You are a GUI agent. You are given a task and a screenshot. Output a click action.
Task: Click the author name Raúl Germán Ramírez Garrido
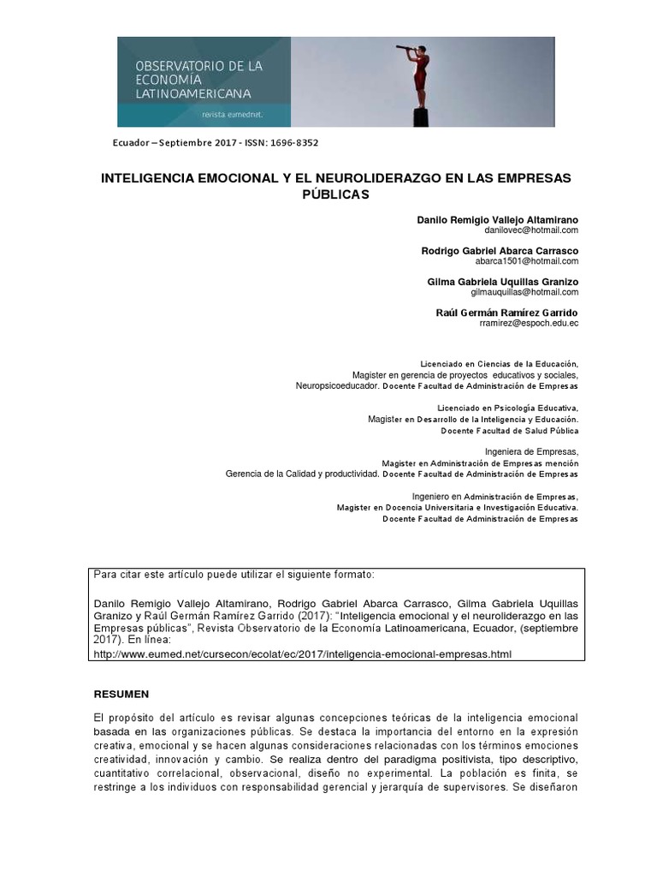point(507,313)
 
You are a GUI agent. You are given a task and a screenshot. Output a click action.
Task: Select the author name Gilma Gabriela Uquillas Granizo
point(502,282)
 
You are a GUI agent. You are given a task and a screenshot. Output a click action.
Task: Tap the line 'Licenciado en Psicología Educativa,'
point(507,409)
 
